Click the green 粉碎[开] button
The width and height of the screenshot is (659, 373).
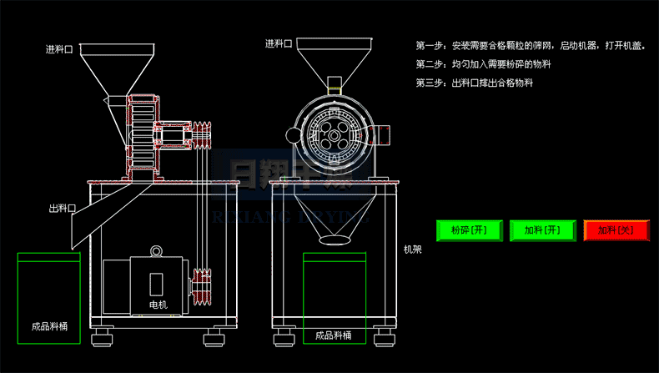468,230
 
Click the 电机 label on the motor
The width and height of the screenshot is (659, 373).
158,305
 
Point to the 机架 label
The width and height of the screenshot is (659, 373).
412,249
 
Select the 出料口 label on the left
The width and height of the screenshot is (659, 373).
63,209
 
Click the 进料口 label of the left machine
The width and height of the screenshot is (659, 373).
60,49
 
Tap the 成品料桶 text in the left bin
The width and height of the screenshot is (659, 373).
48,327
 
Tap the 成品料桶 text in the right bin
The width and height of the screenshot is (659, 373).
333,336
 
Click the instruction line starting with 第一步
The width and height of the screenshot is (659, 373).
531,45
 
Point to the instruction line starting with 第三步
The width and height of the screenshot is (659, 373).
474,83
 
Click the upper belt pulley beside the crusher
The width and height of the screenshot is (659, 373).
202,135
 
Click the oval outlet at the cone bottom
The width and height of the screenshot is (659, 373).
335,240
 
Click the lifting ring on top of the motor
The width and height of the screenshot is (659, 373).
155,251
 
